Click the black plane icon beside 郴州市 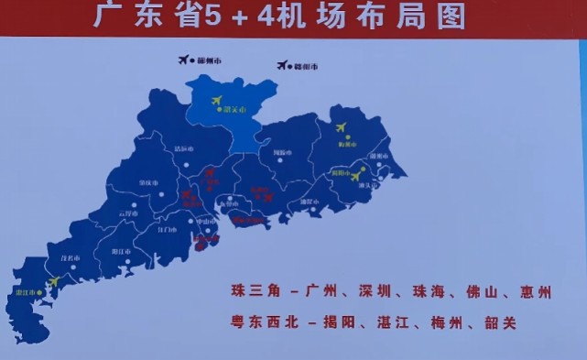pyautogui.click(x=184, y=60)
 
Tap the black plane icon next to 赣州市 pyautogui.click(x=282, y=65)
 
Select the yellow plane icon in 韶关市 pyautogui.click(x=217, y=100)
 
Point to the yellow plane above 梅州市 pyautogui.click(x=342, y=127)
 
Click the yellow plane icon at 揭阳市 pyautogui.click(x=355, y=176)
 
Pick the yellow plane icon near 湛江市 pyautogui.click(x=53, y=281)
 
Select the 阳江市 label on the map pyautogui.click(x=120, y=250)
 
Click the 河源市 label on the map pyautogui.click(x=282, y=153)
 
